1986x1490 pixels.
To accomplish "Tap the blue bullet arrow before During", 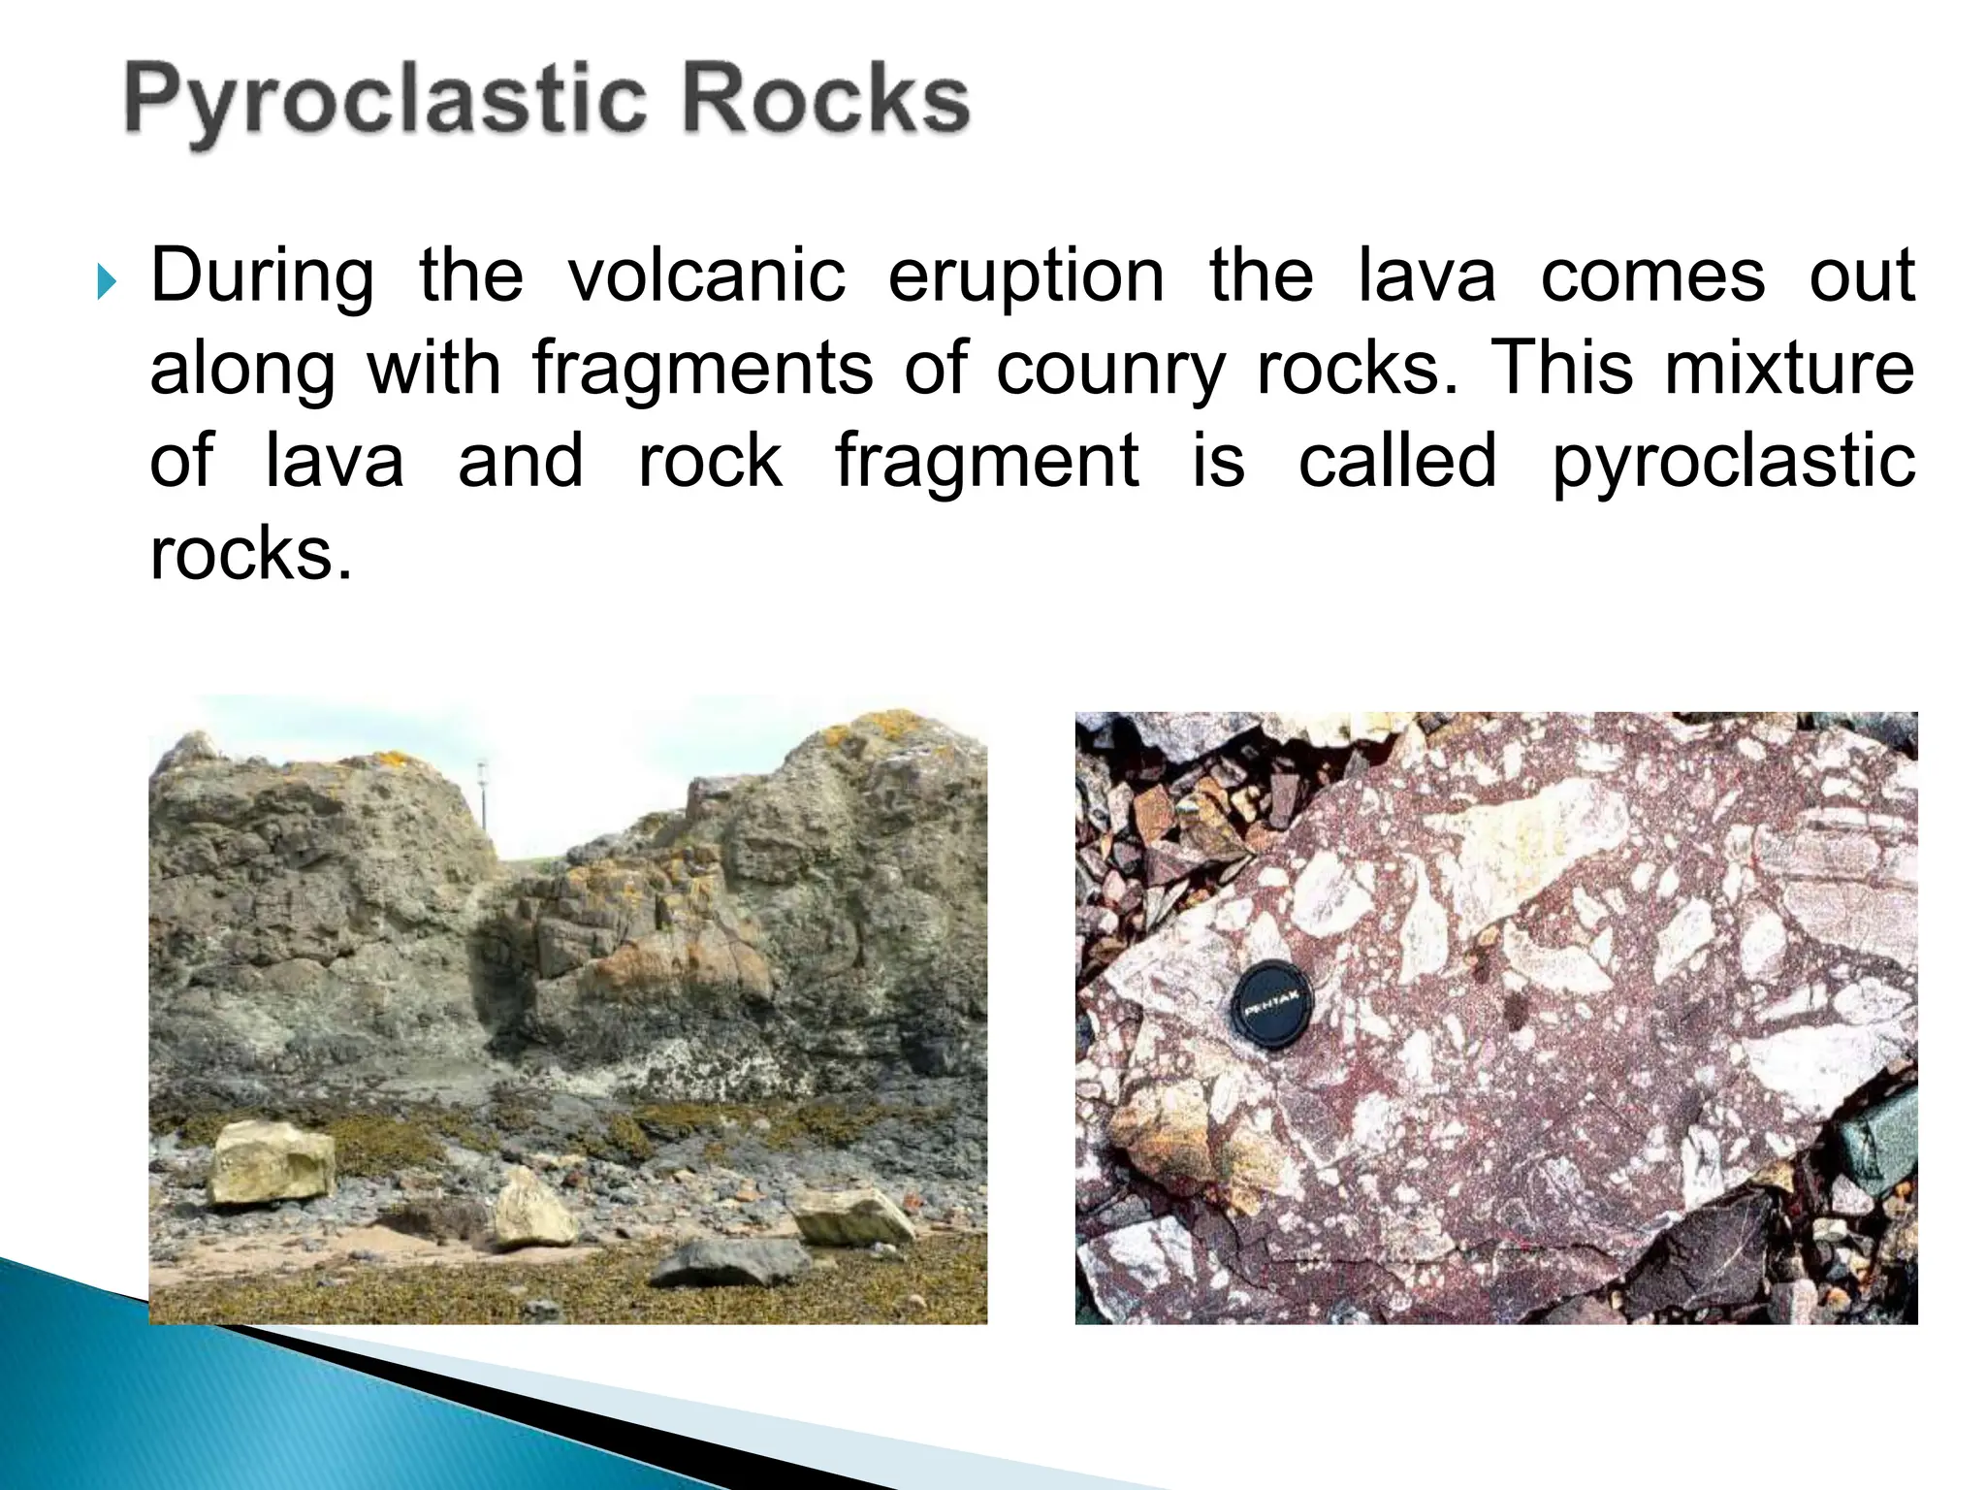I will tap(107, 283).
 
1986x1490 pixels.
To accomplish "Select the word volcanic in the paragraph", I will tap(706, 276).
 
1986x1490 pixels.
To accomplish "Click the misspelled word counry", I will tap(1110, 371).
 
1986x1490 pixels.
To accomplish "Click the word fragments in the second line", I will tap(703, 371).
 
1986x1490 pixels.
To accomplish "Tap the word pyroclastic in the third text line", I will tap(1733, 464).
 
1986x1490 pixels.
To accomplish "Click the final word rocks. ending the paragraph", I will tap(250, 555).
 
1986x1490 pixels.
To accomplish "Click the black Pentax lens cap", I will tap(1272, 1005).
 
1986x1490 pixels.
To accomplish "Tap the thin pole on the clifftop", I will tap(481, 805).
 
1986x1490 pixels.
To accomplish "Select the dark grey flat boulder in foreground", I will tap(733, 1261).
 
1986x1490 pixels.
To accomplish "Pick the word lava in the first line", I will tap(1425, 276).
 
